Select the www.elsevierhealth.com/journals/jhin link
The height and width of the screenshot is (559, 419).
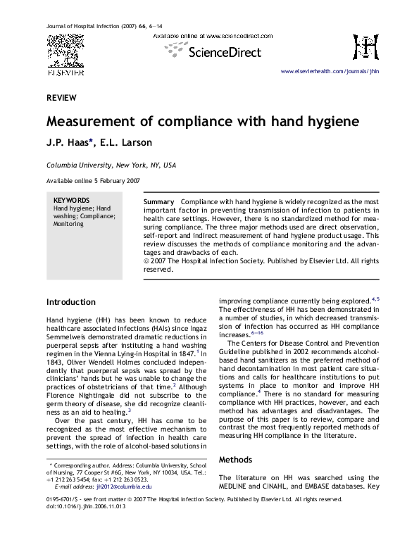pyautogui.click(x=330, y=73)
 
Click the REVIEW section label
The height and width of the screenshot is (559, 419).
pyautogui.click(x=61, y=97)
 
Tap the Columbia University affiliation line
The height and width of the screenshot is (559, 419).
pyautogui.click(x=111, y=165)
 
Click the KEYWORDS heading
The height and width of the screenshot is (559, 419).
pyautogui.click(x=71, y=200)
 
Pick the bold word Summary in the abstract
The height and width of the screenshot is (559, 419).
pyautogui.click(x=159, y=201)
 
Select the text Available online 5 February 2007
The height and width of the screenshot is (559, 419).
pyautogui.click(x=92, y=181)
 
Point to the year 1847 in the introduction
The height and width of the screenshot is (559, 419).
pyautogui.click(x=181, y=356)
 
